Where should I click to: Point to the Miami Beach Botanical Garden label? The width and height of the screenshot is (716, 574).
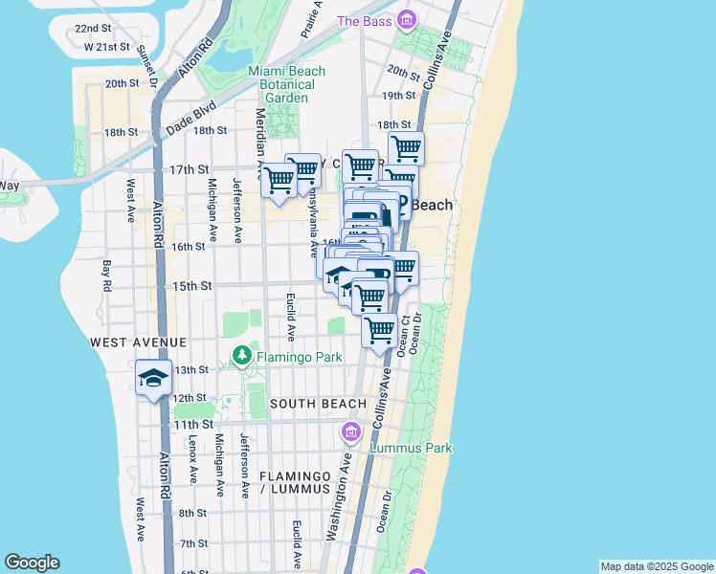tap(286, 84)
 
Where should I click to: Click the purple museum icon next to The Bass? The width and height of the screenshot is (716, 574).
tap(407, 19)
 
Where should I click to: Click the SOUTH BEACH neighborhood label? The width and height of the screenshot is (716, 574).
tap(318, 405)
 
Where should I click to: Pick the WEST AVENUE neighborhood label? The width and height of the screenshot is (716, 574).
tap(138, 342)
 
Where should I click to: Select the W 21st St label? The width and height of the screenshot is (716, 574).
tap(106, 47)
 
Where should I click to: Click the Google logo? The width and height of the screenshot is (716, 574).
tap(32, 563)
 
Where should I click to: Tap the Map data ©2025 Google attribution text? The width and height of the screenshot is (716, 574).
tap(657, 566)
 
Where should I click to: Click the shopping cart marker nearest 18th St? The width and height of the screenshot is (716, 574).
tap(406, 149)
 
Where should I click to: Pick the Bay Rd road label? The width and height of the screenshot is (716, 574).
tap(105, 274)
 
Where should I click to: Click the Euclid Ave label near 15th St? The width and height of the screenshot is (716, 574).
tap(291, 318)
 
